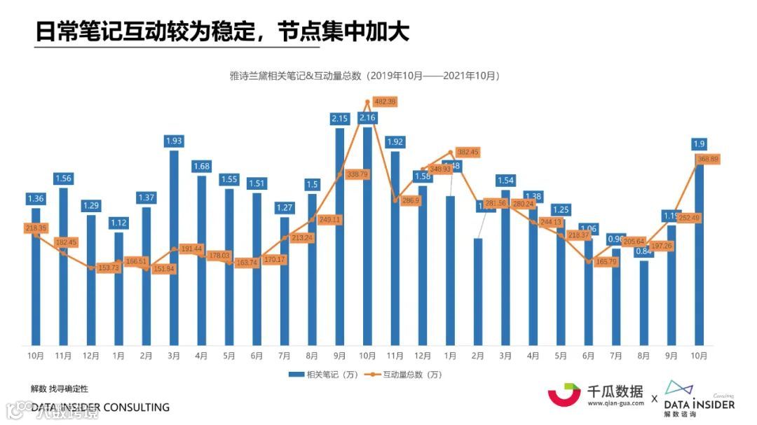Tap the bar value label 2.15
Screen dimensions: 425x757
pos(339,118)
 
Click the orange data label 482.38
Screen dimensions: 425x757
pos(385,102)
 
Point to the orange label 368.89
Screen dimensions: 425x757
pos(708,160)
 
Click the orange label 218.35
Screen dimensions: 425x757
pos(36,228)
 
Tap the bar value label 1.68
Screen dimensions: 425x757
pos(201,166)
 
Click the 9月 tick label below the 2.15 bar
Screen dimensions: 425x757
pos(339,356)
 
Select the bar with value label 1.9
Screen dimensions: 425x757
pos(699,252)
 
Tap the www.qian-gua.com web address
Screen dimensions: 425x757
pos(615,404)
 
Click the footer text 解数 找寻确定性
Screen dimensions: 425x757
pos(60,389)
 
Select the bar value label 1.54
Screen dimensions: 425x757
pos(505,181)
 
